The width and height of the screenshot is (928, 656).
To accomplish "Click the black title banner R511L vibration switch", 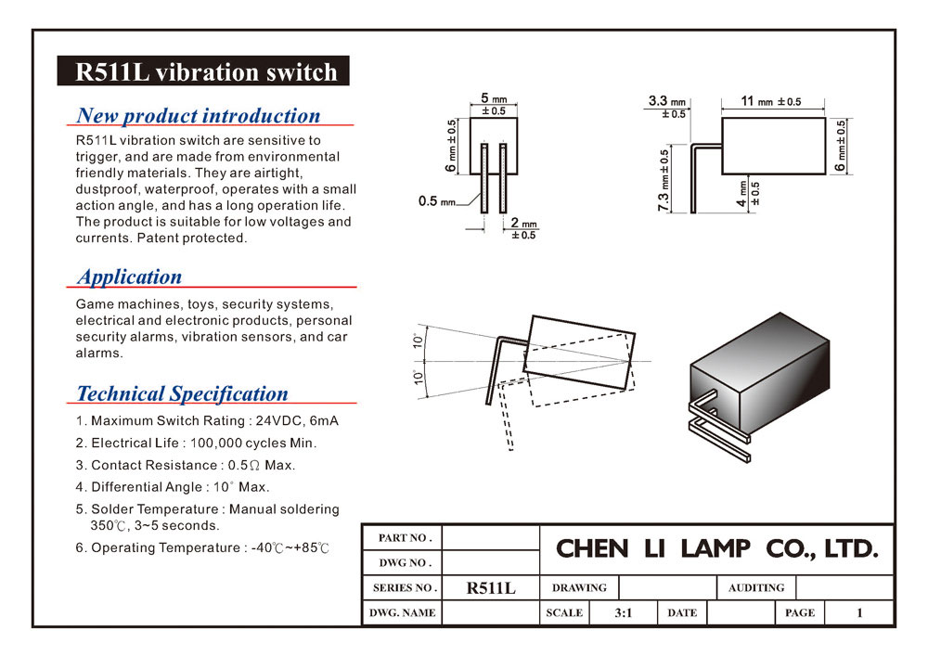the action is [x=203, y=71].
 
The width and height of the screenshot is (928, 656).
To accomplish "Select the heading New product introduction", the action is [x=199, y=115].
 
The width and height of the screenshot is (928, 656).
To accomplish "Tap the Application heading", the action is [x=130, y=277].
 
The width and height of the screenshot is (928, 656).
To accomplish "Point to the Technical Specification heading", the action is [x=182, y=394].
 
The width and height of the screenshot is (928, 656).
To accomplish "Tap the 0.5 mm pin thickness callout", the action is [x=437, y=201].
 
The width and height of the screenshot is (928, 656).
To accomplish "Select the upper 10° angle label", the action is [x=419, y=341].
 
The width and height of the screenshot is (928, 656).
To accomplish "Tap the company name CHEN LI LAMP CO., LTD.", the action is [x=716, y=549].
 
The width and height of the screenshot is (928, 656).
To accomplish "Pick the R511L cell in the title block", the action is [x=491, y=588].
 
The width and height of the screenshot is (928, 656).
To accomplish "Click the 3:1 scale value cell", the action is [x=624, y=612].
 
